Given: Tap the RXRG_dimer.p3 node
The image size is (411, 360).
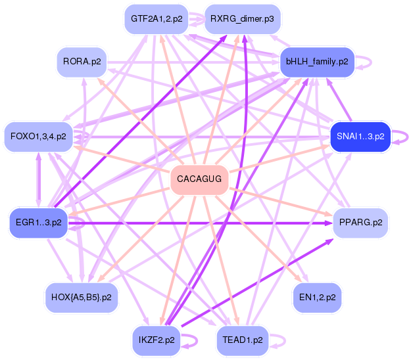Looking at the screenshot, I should pos(243,19).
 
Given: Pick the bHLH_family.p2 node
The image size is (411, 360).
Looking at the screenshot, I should pos(317,62).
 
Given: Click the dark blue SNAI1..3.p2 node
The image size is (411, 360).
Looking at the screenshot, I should pos(360,137).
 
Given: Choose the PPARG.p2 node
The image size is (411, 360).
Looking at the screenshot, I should pos(360,223).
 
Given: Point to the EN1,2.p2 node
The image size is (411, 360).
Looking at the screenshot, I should pos(317,298).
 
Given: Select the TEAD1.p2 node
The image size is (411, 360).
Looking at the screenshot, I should pos(243,340).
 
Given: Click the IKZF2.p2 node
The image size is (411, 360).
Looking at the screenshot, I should pos(157,340).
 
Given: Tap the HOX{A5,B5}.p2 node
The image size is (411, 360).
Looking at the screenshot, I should pos(81,298).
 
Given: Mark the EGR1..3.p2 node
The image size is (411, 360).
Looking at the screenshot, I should pos(38,222).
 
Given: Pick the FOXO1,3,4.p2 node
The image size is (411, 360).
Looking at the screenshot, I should pos(38,137).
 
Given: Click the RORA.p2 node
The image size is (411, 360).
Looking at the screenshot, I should pos(82,62).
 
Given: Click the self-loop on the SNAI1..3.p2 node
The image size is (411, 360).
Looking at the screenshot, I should pos(402,137).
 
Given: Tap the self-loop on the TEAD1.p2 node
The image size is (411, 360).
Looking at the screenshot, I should pos(279,340).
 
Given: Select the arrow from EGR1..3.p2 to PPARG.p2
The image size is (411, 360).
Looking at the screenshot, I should pos(197,223).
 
